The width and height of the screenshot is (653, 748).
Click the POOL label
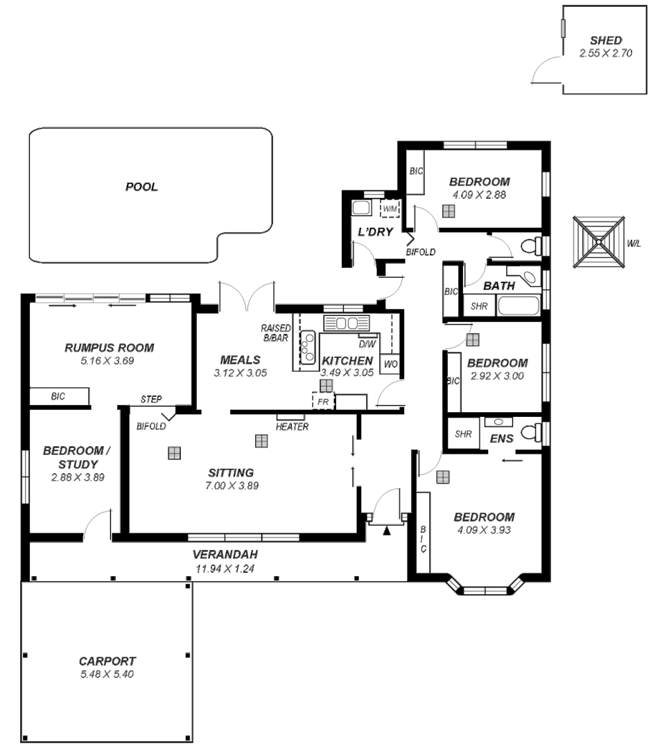coord(141,187)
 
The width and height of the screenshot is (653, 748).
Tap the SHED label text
coord(605,41)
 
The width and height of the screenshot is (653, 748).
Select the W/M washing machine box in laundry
coord(390,208)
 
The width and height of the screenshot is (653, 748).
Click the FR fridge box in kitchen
coord(322,401)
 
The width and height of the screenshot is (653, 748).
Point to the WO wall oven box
coord(389,364)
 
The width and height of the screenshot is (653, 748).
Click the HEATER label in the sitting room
coord(292,427)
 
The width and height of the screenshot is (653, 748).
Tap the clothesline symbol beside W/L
coord(597,243)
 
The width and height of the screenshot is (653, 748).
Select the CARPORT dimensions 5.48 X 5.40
coord(107,673)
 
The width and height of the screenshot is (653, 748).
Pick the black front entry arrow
coord(387,531)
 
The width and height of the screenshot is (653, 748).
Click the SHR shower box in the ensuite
coord(463,434)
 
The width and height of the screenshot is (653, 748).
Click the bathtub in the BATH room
coord(519,305)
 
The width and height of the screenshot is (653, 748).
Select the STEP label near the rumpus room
coord(151,400)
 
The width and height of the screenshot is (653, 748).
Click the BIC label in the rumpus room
coord(58,397)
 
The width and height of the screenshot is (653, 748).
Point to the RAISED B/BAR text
coord(275,333)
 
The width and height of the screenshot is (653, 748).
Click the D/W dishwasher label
coord(366,344)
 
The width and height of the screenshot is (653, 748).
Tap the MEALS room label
coord(240,360)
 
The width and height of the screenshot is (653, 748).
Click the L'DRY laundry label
coord(372,231)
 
